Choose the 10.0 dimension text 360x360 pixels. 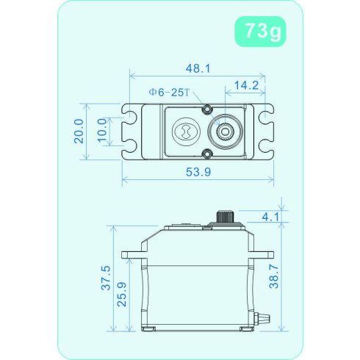[102, 132]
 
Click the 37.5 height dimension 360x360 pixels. [106, 279]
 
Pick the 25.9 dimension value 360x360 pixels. [122, 295]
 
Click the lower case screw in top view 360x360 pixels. [208, 154]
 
